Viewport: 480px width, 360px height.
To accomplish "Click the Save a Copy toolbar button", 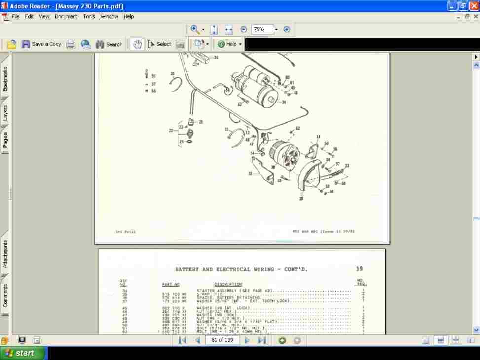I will point(41,44).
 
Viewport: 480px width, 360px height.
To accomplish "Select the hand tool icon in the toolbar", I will point(137,44).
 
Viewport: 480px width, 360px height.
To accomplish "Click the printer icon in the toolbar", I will point(71,44).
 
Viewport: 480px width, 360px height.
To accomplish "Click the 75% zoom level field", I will point(261,30).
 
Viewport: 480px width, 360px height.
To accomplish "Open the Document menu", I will point(66,16).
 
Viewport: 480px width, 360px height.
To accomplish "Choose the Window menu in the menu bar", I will point(109,16).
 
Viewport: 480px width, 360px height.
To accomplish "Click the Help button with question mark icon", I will point(229,44).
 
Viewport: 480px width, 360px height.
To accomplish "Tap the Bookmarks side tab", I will point(5,79).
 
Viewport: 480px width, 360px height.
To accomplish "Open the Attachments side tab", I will point(5,254).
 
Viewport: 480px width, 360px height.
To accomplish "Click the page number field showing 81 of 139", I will point(222,340).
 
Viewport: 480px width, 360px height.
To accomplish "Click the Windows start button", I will point(24,353).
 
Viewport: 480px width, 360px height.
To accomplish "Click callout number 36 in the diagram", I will point(216,58).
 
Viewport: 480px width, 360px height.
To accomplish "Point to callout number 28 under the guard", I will point(301,198).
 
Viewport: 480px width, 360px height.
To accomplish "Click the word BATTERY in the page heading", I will point(187,270).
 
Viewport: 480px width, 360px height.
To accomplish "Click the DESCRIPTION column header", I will point(228,284).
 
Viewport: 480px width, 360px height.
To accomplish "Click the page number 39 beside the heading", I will point(359,269).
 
